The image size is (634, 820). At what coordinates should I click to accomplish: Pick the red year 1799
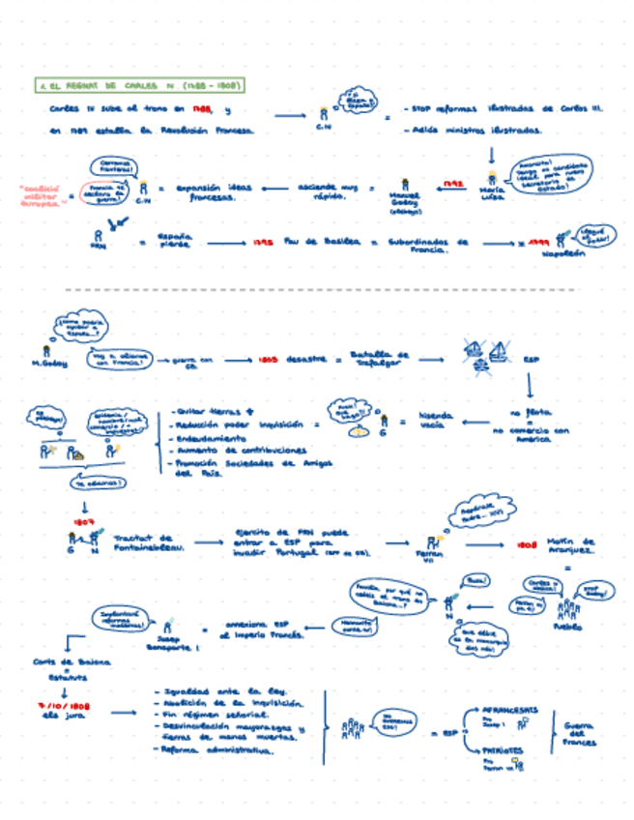538,243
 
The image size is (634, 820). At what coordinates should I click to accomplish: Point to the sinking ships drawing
485,355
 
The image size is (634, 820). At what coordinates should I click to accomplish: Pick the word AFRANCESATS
508,708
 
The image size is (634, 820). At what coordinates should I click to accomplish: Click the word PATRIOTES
502,749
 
